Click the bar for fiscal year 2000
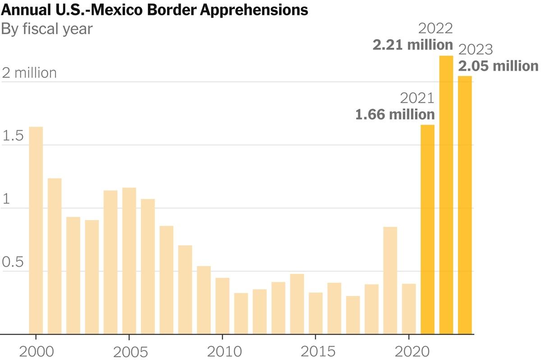click(36, 230)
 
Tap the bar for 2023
click(465, 205)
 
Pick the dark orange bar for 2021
click(427, 229)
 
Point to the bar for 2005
click(129, 261)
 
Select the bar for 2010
click(222, 306)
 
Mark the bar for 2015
click(316, 313)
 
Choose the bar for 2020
click(409, 309)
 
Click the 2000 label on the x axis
click(36, 351)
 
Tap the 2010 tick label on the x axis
click(222, 351)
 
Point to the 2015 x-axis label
click(316, 351)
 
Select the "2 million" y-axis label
click(30, 73)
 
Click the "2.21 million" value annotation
click(413, 45)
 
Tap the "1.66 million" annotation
click(395, 114)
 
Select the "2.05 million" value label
click(498, 66)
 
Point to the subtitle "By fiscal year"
click(47, 29)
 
